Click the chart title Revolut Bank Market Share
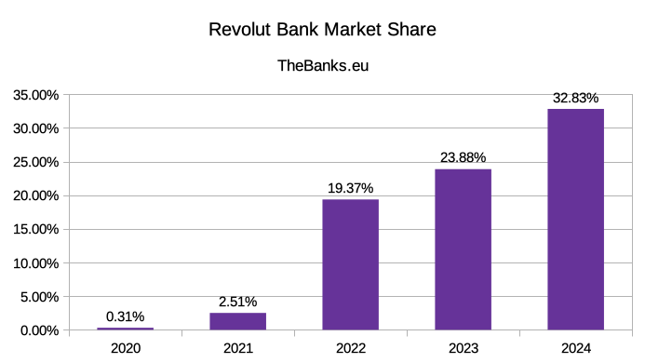click(322, 30)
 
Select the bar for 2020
click(125, 329)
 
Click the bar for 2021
click(237, 321)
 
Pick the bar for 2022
click(350, 264)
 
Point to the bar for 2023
click(463, 249)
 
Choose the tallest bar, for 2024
click(575, 220)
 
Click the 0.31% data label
click(125, 316)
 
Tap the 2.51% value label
click(237, 302)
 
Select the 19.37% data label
click(350, 188)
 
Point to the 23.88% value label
click(463, 157)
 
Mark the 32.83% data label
click(575, 98)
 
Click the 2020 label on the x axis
click(125, 349)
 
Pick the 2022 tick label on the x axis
click(350, 349)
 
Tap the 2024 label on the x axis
click(575, 349)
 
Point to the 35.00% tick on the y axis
click(34, 95)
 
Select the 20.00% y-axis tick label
click(34, 195)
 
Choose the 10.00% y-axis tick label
click(34, 263)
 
